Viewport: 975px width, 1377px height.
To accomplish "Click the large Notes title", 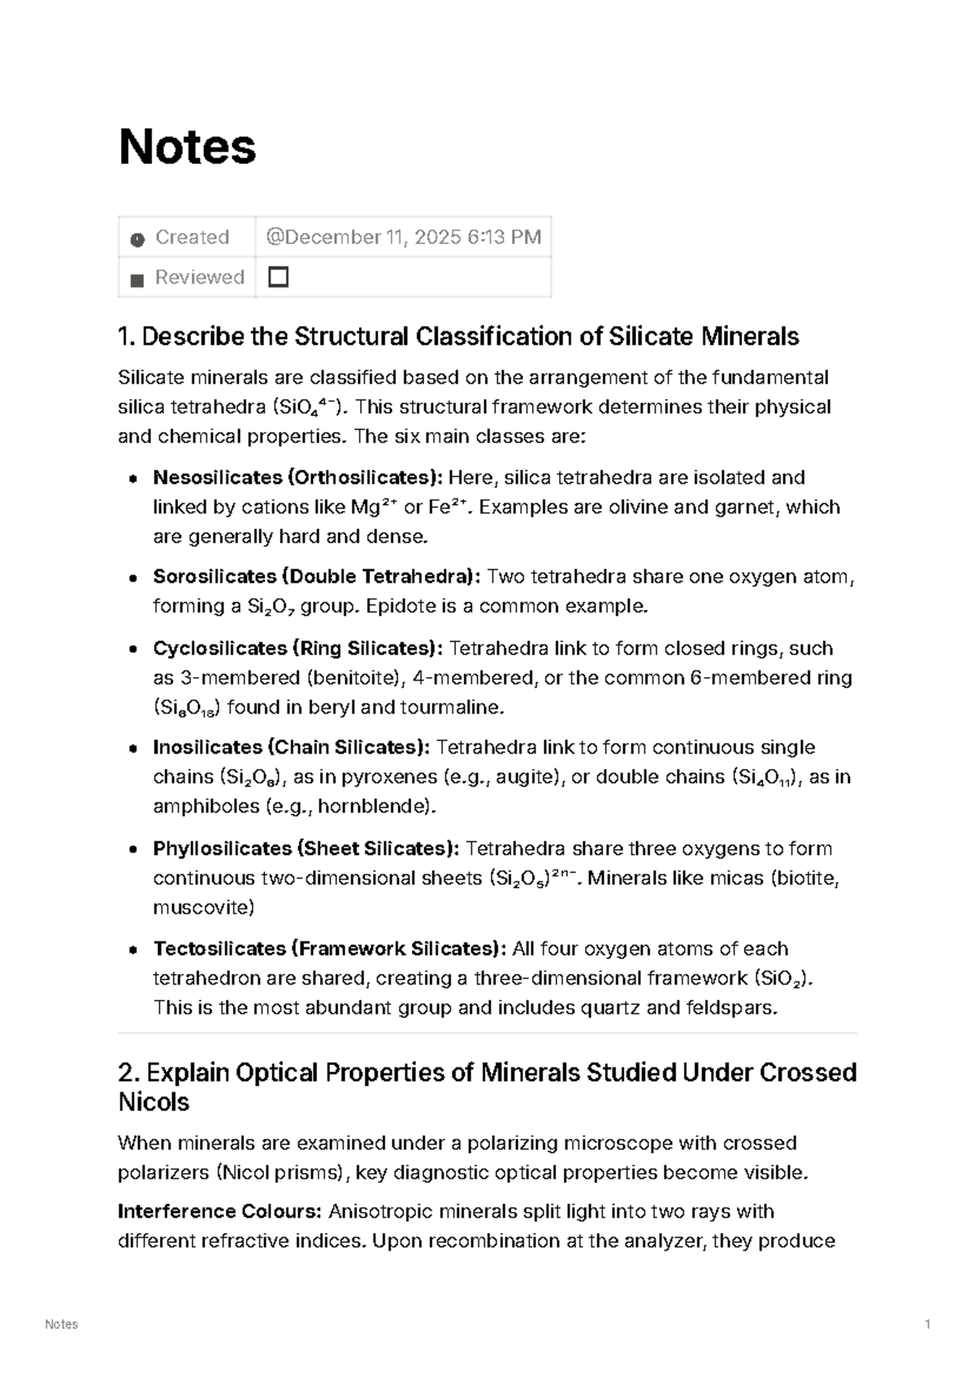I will [x=188, y=147].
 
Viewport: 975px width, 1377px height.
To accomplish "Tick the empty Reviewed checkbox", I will [x=279, y=278].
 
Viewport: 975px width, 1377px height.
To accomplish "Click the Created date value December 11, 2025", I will [x=404, y=237].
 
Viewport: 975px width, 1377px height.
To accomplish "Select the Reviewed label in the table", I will [x=199, y=278].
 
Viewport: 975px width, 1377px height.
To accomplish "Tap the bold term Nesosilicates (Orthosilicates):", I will [x=297, y=478].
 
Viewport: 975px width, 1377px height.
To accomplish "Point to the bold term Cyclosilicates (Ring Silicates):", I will [x=297, y=649].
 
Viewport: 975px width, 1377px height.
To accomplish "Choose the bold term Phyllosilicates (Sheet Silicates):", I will [x=305, y=849].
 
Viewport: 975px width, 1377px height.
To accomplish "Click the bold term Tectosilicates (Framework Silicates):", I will [x=329, y=949].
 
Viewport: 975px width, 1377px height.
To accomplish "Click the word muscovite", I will [x=203, y=908].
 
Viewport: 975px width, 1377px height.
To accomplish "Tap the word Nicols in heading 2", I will [x=154, y=1103].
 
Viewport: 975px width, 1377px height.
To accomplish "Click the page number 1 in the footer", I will [x=927, y=1325].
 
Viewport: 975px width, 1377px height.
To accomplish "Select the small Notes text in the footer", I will [x=62, y=1325].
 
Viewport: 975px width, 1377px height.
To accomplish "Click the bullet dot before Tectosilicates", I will [x=132, y=950].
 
